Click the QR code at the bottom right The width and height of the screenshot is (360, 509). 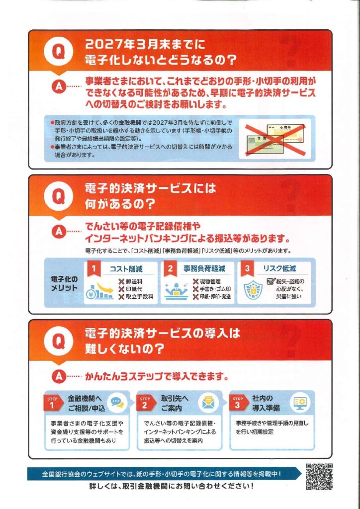click(x=319, y=477)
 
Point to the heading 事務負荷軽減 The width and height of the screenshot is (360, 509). click(x=204, y=269)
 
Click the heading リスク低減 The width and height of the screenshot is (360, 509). click(x=279, y=269)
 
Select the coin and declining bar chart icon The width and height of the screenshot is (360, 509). click(x=99, y=290)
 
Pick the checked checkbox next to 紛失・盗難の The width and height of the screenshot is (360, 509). click(x=271, y=281)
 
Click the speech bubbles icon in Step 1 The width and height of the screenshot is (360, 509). click(x=117, y=403)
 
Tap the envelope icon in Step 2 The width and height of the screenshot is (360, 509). click(x=209, y=403)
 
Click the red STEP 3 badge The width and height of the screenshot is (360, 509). click(x=238, y=402)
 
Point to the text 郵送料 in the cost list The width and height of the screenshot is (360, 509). click(x=134, y=281)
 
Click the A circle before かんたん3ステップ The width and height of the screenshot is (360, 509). click(x=59, y=377)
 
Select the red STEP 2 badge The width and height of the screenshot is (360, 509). click(x=145, y=402)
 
